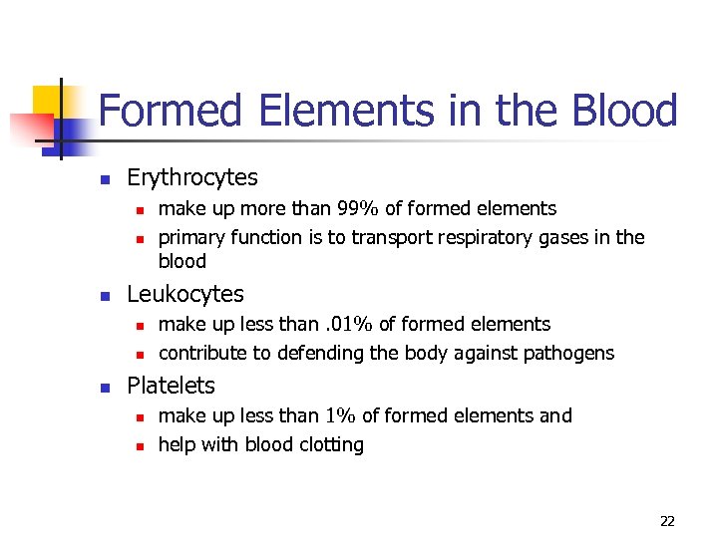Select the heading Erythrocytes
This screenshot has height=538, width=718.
click(x=192, y=178)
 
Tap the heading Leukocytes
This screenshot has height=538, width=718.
click(x=185, y=294)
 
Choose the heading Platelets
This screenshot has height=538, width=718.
click(x=171, y=386)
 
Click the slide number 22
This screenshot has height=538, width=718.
click(x=667, y=521)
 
